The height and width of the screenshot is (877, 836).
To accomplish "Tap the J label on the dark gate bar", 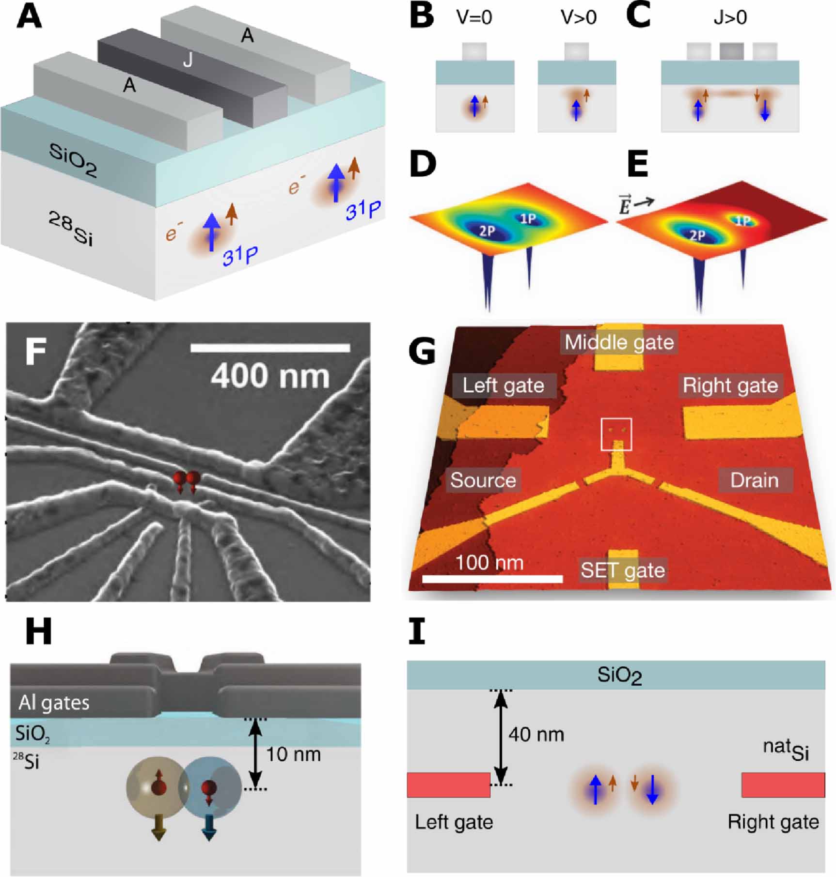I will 188,60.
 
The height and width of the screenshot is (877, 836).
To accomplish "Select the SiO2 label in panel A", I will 73,160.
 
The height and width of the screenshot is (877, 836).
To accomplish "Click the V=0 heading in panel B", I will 474,18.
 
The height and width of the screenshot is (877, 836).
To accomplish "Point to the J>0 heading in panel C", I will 730,18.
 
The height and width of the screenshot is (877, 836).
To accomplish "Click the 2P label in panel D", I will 487,231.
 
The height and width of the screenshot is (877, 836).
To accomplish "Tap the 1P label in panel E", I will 743,221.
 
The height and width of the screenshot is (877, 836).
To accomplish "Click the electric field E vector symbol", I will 625,205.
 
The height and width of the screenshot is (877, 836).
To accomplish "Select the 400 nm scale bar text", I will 270,376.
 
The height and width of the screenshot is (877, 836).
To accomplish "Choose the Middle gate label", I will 619,342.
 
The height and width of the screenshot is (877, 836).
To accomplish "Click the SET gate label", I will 622,570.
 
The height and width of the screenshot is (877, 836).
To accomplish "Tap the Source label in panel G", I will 483,480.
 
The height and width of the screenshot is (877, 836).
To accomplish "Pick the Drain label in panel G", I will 754,480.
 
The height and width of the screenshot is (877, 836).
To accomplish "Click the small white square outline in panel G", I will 616,434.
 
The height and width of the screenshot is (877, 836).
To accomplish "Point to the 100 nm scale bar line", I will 492,579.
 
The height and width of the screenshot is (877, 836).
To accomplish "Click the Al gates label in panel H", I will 54,702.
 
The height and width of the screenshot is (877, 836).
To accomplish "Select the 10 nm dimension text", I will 293,754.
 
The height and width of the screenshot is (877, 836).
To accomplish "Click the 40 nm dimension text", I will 536,735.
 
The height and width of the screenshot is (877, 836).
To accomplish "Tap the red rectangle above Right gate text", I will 783,785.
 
